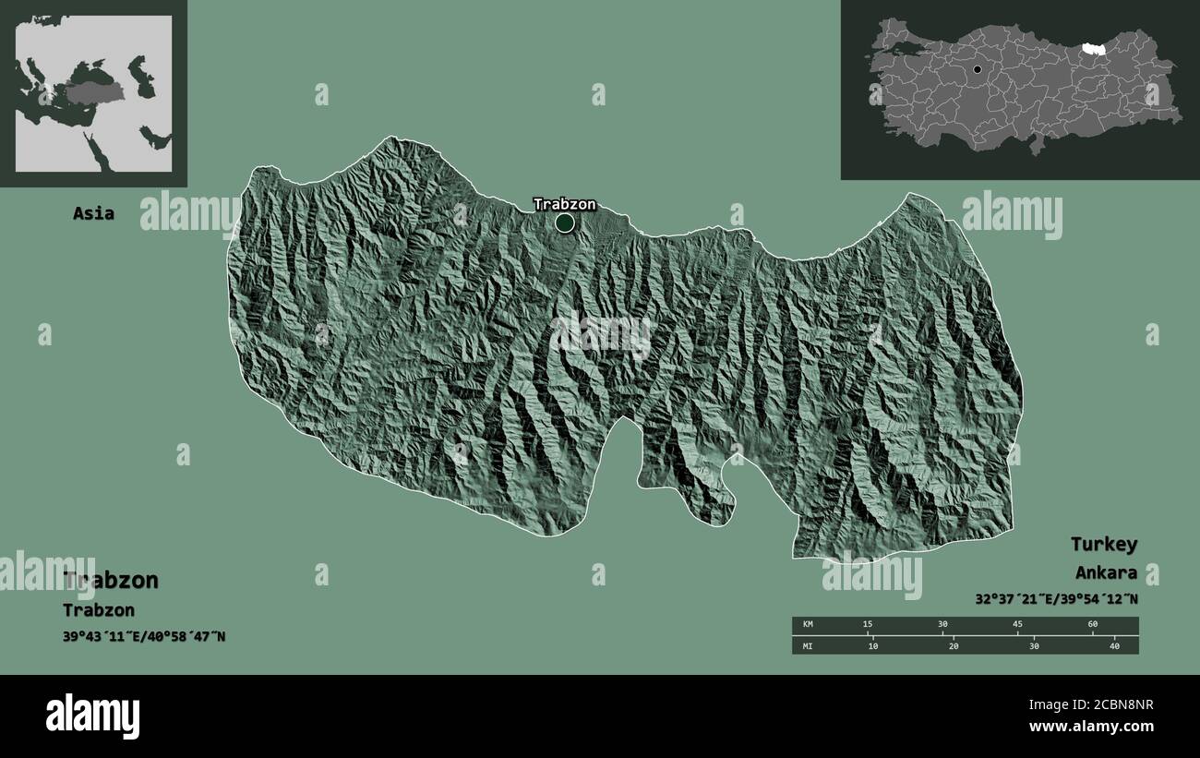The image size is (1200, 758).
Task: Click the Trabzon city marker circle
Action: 565,223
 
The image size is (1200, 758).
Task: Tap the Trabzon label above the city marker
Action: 564,204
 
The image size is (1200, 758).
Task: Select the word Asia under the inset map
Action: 94,213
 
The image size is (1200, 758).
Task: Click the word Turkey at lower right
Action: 1104,544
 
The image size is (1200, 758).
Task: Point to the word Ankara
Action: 1106,572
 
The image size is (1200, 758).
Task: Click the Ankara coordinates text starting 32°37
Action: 1056,598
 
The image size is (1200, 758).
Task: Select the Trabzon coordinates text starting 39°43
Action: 145,636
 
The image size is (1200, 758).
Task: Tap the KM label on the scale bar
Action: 808,625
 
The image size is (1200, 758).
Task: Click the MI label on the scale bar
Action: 808,645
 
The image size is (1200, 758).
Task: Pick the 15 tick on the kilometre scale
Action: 867,625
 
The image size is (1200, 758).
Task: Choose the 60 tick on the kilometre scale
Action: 1093,625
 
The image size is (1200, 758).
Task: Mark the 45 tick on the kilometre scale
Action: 1017,625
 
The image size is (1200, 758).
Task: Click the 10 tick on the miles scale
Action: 873,645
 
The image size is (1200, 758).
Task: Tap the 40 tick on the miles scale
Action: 1114,645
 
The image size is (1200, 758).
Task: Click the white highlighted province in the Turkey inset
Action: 1094,47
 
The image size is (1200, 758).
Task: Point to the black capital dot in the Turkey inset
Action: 978,69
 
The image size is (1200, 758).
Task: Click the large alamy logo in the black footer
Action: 93,716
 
